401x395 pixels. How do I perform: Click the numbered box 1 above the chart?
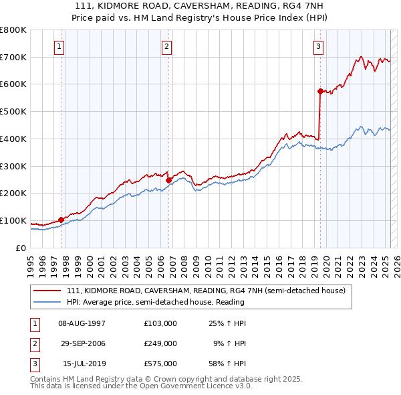(x=60, y=46)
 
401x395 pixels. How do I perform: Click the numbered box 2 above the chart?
(x=166, y=46)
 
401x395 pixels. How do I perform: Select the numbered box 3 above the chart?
(x=319, y=46)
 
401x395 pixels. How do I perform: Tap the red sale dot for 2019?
(x=320, y=91)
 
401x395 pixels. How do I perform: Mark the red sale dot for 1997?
(x=61, y=220)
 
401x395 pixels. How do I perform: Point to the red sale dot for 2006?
(x=168, y=179)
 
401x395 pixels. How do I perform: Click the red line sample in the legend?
(x=48, y=291)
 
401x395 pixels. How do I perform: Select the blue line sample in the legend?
(x=48, y=302)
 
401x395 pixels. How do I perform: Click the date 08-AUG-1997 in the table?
(x=82, y=323)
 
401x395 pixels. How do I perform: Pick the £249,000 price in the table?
(x=160, y=343)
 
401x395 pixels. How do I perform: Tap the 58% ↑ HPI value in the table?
(x=227, y=364)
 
